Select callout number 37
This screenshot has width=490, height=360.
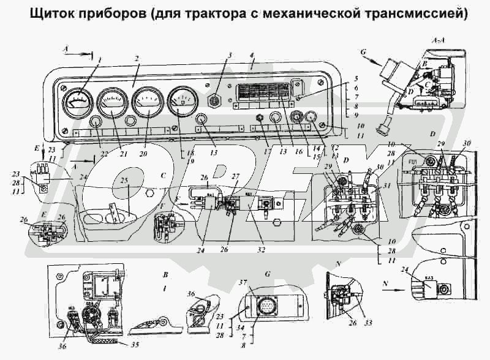(x=242, y=283)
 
